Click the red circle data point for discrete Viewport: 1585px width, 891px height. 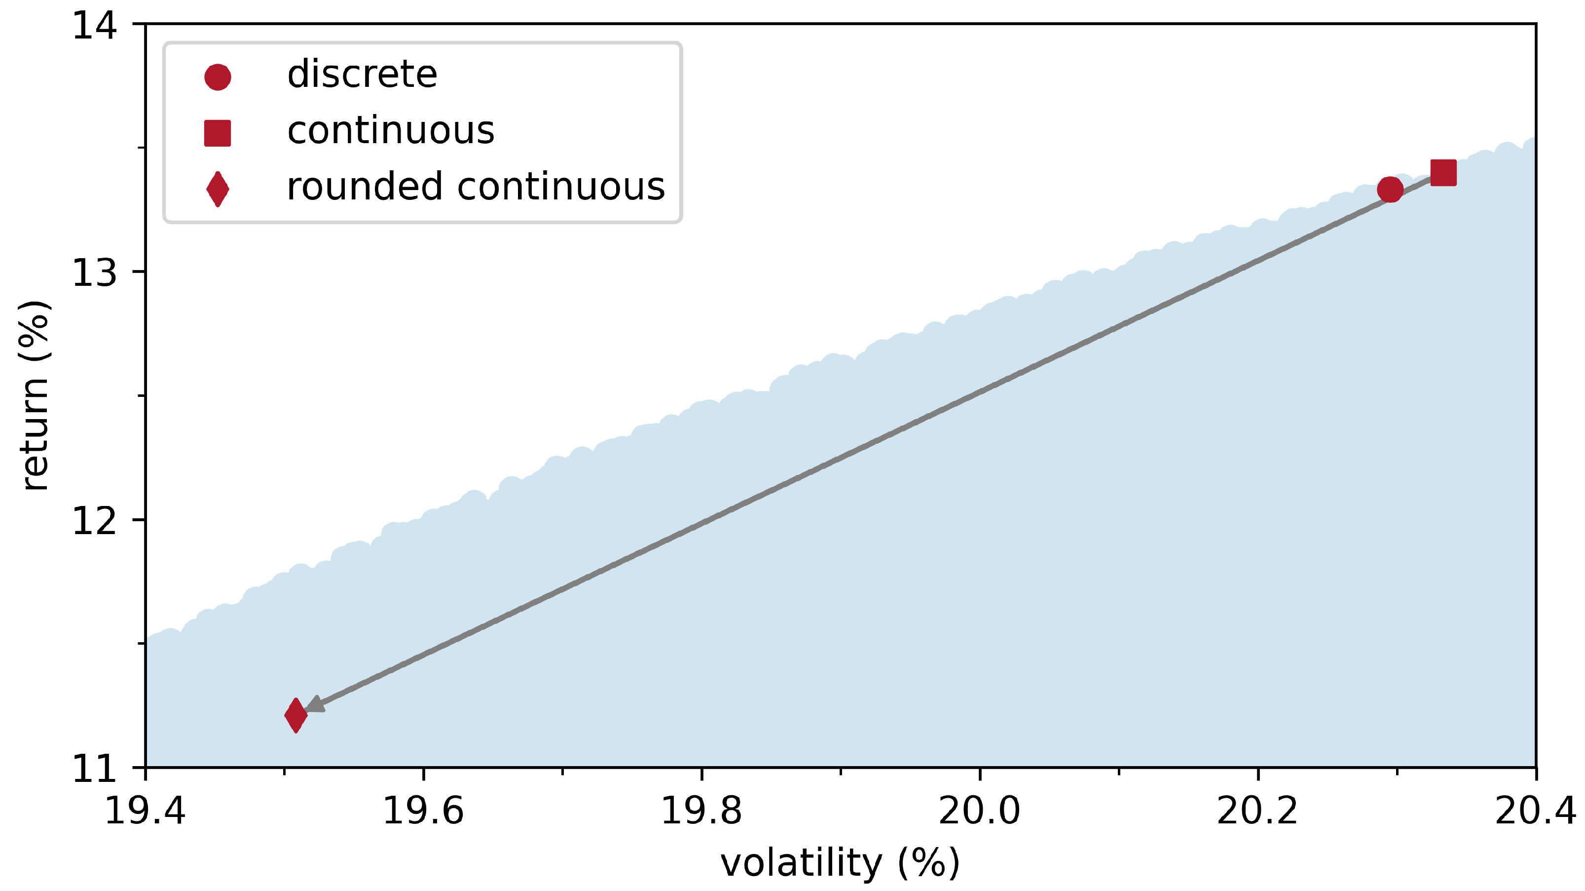pyautogui.click(x=1390, y=189)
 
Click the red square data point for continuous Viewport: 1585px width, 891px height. pyautogui.click(x=1443, y=173)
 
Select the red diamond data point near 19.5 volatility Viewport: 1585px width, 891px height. pyautogui.click(x=296, y=715)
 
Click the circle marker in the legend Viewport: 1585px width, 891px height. pyautogui.click(x=217, y=77)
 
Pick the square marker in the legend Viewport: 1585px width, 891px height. pyautogui.click(x=217, y=133)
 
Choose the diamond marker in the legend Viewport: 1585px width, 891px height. pyautogui.click(x=217, y=189)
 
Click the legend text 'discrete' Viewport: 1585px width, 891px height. pyautogui.click(x=362, y=75)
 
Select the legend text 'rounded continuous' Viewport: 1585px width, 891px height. pyautogui.click(x=476, y=187)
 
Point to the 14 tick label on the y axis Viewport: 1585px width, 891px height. pyautogui.click(x=94, y=26)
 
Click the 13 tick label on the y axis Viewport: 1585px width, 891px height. pyautogui.click(x=94, y=272)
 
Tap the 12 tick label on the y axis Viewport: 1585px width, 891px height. pyautogui.click(x=94, y=520)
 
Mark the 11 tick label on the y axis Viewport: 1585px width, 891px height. pyautogui.click(x=94, y=769)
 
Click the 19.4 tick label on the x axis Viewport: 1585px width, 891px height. pyautogui.click(x=145, y=811)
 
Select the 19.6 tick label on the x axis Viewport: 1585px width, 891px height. pyautogui.click(x=423, y=811)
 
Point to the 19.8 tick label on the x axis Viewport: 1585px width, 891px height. pyautogui.click(x=701, y=811)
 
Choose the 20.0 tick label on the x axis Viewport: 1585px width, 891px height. pyautogui.click(x=980, y=811)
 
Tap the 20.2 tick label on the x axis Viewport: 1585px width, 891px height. pyautogui.click(x=1257, y=811)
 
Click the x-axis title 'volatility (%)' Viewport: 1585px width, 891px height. pyautogui.click(x=840, y=863)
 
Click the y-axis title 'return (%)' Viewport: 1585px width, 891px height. pyautogui.click(x=35, y=395)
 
